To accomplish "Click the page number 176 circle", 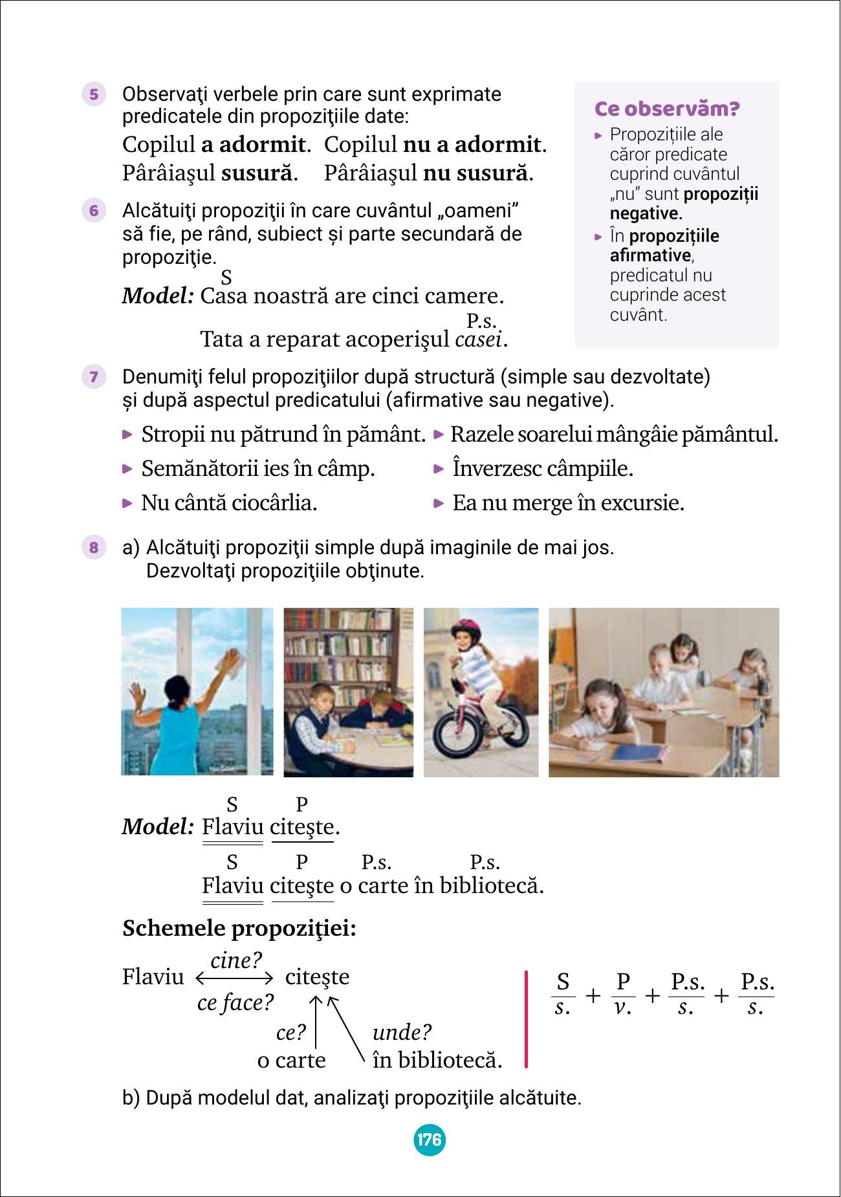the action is click(429, 1139).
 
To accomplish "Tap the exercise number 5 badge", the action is click(94, 95).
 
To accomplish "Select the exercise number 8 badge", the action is click(94, 548).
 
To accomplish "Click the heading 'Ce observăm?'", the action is click(666, 109).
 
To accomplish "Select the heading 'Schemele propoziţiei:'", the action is click(239, 929).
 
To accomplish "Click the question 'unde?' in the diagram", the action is click(402, 1032).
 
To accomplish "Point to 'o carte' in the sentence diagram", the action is click(291, 1061).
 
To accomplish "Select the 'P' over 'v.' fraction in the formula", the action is click(622, 994).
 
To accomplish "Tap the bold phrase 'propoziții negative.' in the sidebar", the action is click(684, 204).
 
